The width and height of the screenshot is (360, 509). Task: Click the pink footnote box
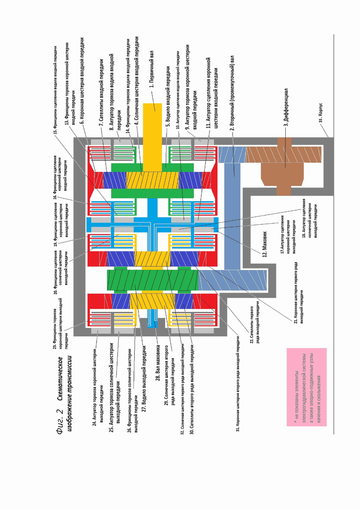pyautogui.click(x=306, y=386)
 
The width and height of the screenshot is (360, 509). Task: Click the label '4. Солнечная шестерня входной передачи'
pyautogui.click(x=137, y=83)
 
